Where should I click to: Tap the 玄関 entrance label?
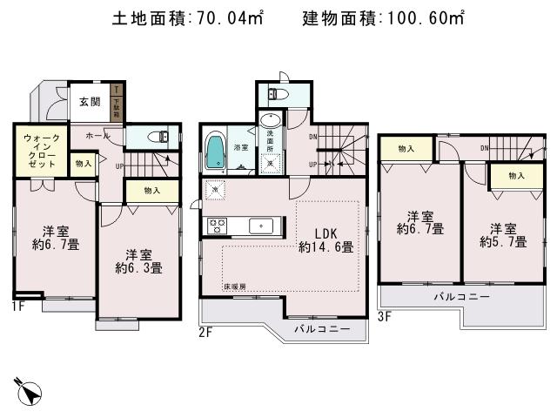tap(90, 102)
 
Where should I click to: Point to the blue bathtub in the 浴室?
tap(215, 151)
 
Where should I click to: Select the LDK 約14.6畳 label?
tap(325, 239)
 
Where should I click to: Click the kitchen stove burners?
tap(217, 226)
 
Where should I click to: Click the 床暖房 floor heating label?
tap(234, 286)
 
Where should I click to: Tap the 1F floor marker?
tap(19, 306)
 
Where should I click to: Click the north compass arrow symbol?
tap(30, 391)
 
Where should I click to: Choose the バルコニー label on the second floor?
tap(322, 328)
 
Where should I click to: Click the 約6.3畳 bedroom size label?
tap(138, 268)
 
